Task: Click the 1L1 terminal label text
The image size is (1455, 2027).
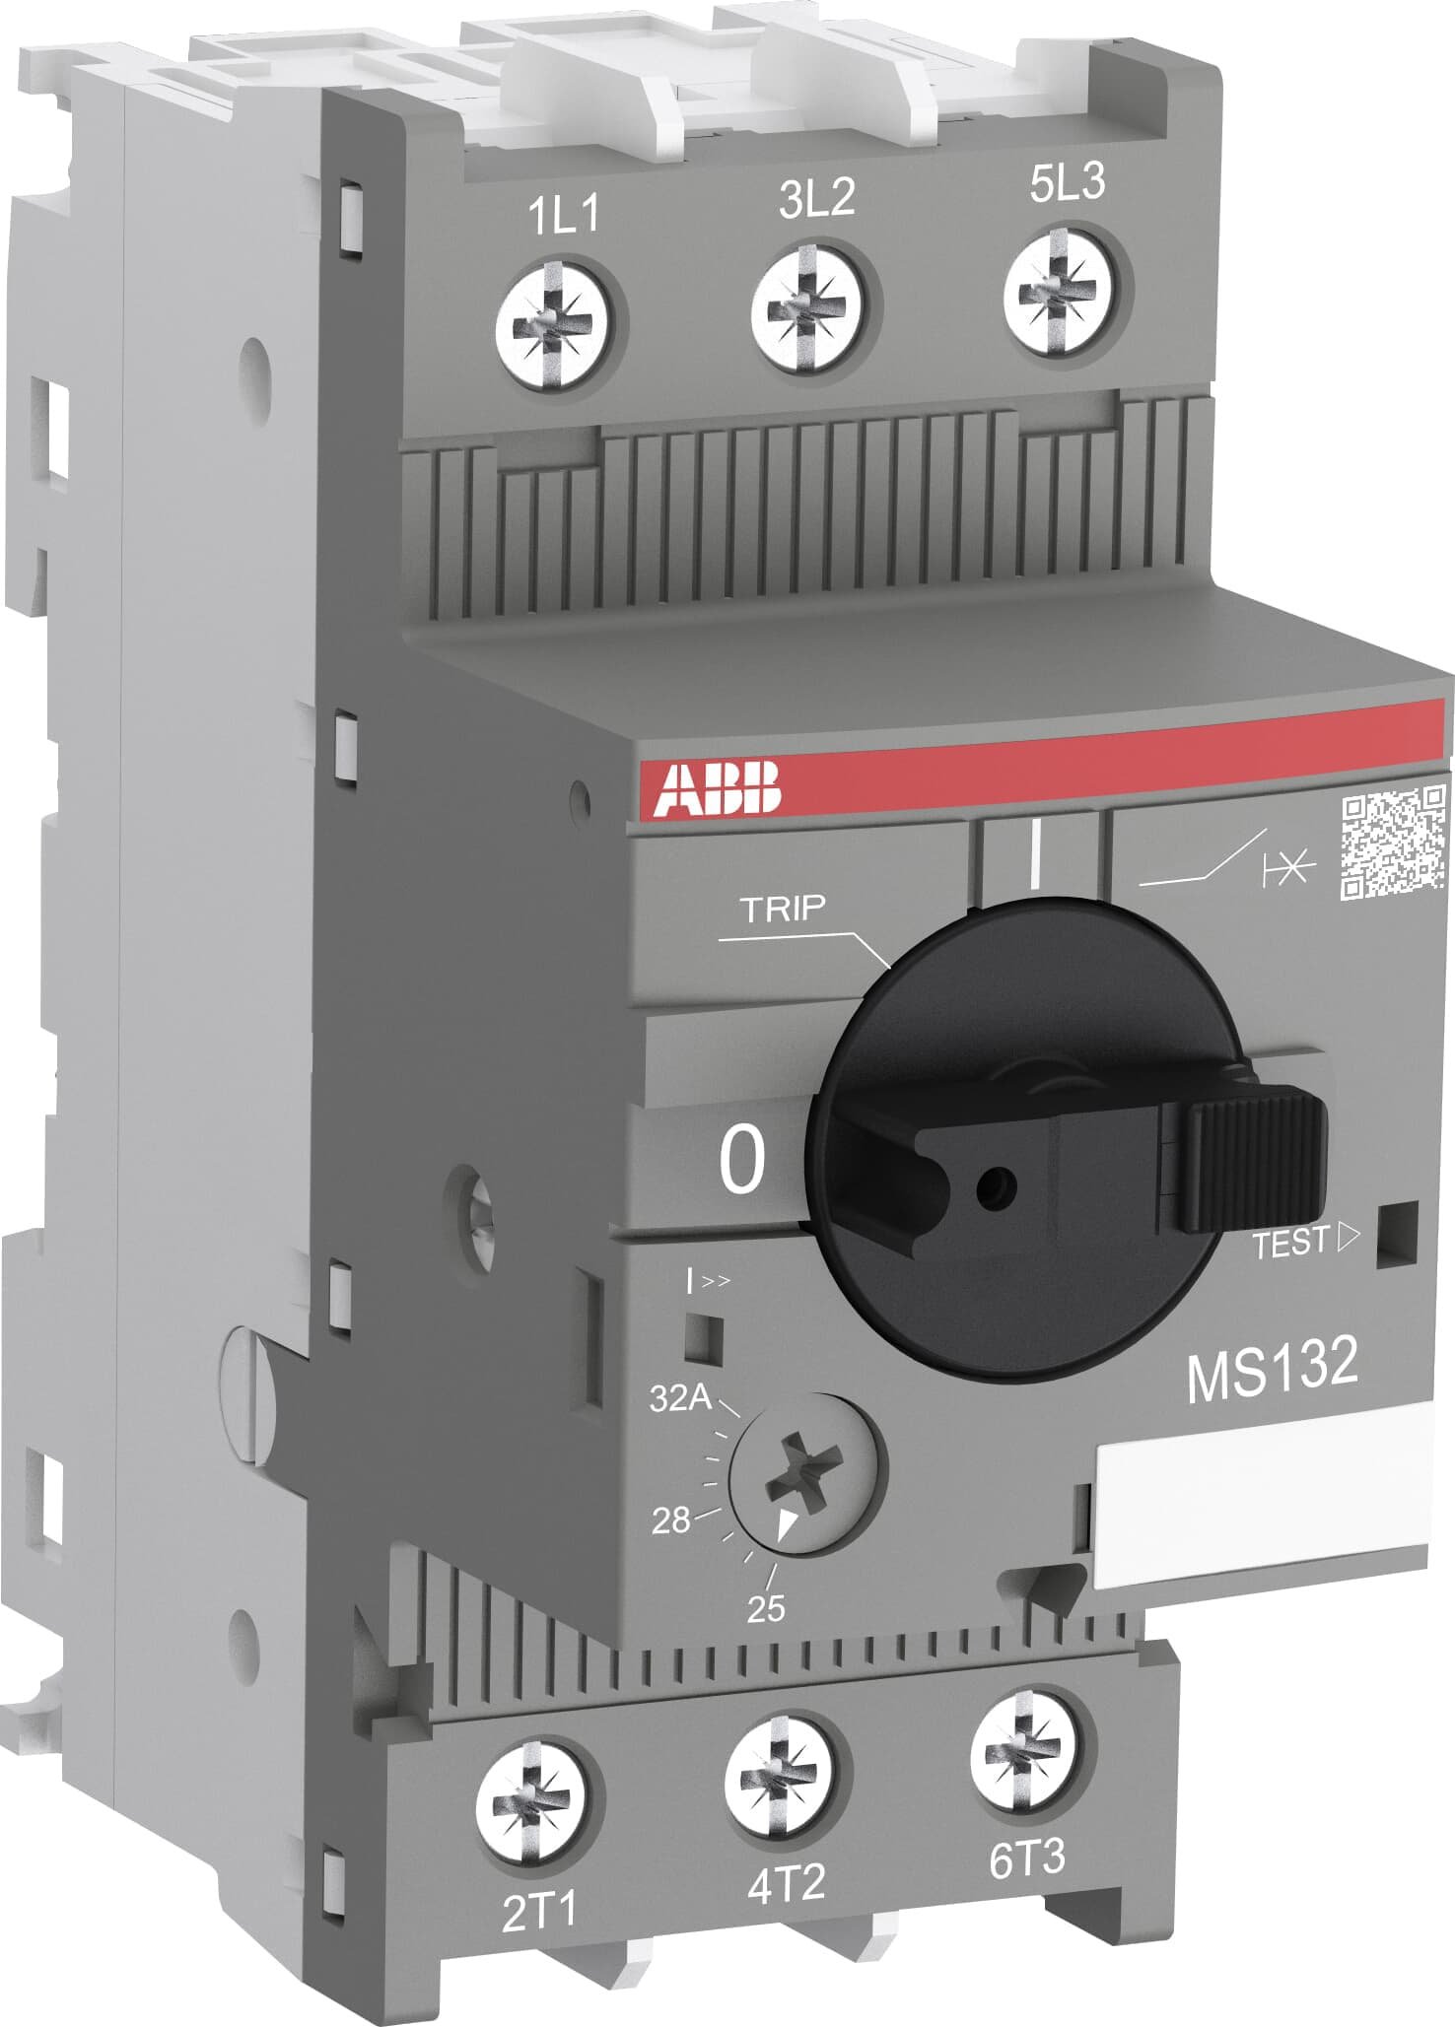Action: point(564,216)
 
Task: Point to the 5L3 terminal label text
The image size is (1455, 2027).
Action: point(1068,183)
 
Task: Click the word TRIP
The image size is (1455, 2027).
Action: point(783,909)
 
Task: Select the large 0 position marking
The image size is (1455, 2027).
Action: point(741,1160)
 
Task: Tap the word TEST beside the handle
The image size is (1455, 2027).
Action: point(1290,1245)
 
